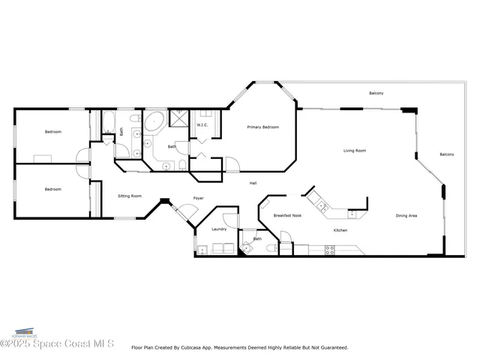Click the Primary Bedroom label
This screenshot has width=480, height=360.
[x=263, y=127]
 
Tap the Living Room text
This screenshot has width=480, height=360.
[x=355, y=151]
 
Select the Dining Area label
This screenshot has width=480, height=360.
[x=406, y=216]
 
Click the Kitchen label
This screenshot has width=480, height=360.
[x=340, y=230]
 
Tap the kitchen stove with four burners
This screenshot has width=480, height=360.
[x=329, y=250]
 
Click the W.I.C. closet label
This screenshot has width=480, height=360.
[x=202, y=125]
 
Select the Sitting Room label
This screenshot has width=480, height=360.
[x=130, y=196]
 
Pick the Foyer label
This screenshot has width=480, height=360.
[x=178, y=199]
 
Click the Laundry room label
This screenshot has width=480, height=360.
[x=219, y=229]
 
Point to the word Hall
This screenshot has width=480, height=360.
[x=254, y=181]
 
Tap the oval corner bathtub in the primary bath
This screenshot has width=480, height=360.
[x=155, y=121]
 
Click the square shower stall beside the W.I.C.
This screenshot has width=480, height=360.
[x=180, y=118]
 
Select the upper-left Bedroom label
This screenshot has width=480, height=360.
[x=52, y=132]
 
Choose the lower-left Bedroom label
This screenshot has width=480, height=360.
[x=52, y=190]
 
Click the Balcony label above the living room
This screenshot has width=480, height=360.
[x=376, y=93]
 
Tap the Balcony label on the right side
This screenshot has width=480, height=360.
[x=446, y=154]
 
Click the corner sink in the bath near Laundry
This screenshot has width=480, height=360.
[x=247, y=248]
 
